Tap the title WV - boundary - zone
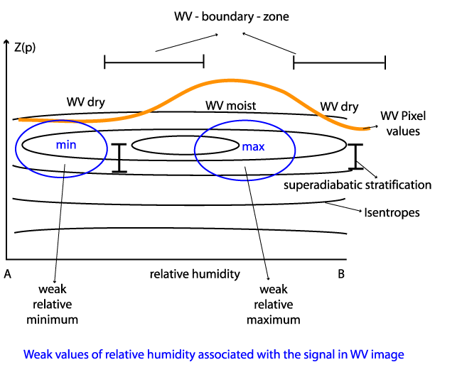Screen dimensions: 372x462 [231, 15]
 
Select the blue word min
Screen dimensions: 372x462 [65, 143]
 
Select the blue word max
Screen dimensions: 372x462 [253, 148]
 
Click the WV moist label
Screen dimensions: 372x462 [230, 106]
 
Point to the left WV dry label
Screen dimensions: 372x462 [85, 102]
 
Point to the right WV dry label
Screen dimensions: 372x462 [338, 106]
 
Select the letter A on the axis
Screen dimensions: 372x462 [7, 274]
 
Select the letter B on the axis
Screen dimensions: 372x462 [341, 274]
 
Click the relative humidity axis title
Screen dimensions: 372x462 [194, 274]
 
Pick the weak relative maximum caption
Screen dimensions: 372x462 [273, 304]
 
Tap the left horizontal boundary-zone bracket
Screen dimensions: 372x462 [154, 63]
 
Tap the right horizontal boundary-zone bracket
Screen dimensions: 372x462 [340, 63]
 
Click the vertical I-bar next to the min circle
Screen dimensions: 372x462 [119, 158]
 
